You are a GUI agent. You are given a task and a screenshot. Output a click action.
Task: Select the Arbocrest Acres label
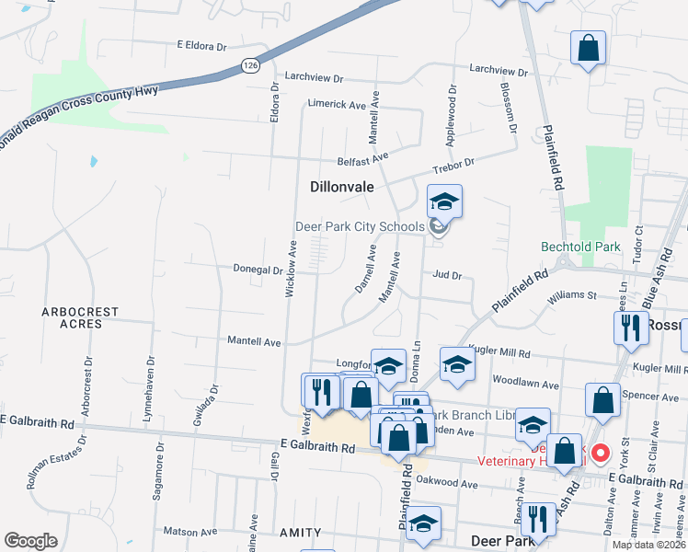tap(80, 317)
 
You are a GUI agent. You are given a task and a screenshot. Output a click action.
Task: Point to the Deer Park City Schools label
tap(360, 226)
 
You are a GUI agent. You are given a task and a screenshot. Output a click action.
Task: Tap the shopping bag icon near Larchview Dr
tap(588, 48)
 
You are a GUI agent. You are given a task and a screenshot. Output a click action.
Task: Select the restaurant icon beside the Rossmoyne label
tap(630, 328)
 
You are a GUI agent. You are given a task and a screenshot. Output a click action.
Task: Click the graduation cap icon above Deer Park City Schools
tap(444, 201)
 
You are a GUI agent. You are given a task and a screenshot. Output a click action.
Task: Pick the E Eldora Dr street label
tap(201, 46)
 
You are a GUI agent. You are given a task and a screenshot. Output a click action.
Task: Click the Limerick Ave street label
tap(337, 105)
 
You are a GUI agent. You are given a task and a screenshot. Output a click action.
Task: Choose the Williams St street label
tap(572, 297)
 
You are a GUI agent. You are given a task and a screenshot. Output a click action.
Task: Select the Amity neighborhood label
tap(301, 533)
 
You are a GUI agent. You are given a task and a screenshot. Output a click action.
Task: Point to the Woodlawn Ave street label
tap(526, 381)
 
